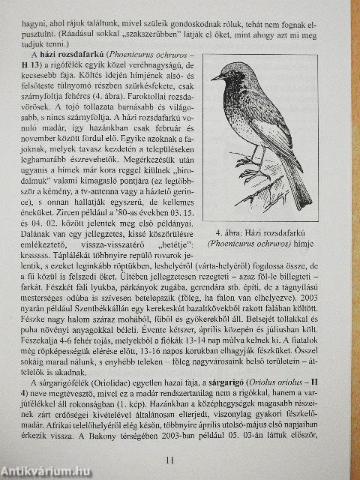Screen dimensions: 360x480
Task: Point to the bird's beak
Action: click(x=215, y=76)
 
